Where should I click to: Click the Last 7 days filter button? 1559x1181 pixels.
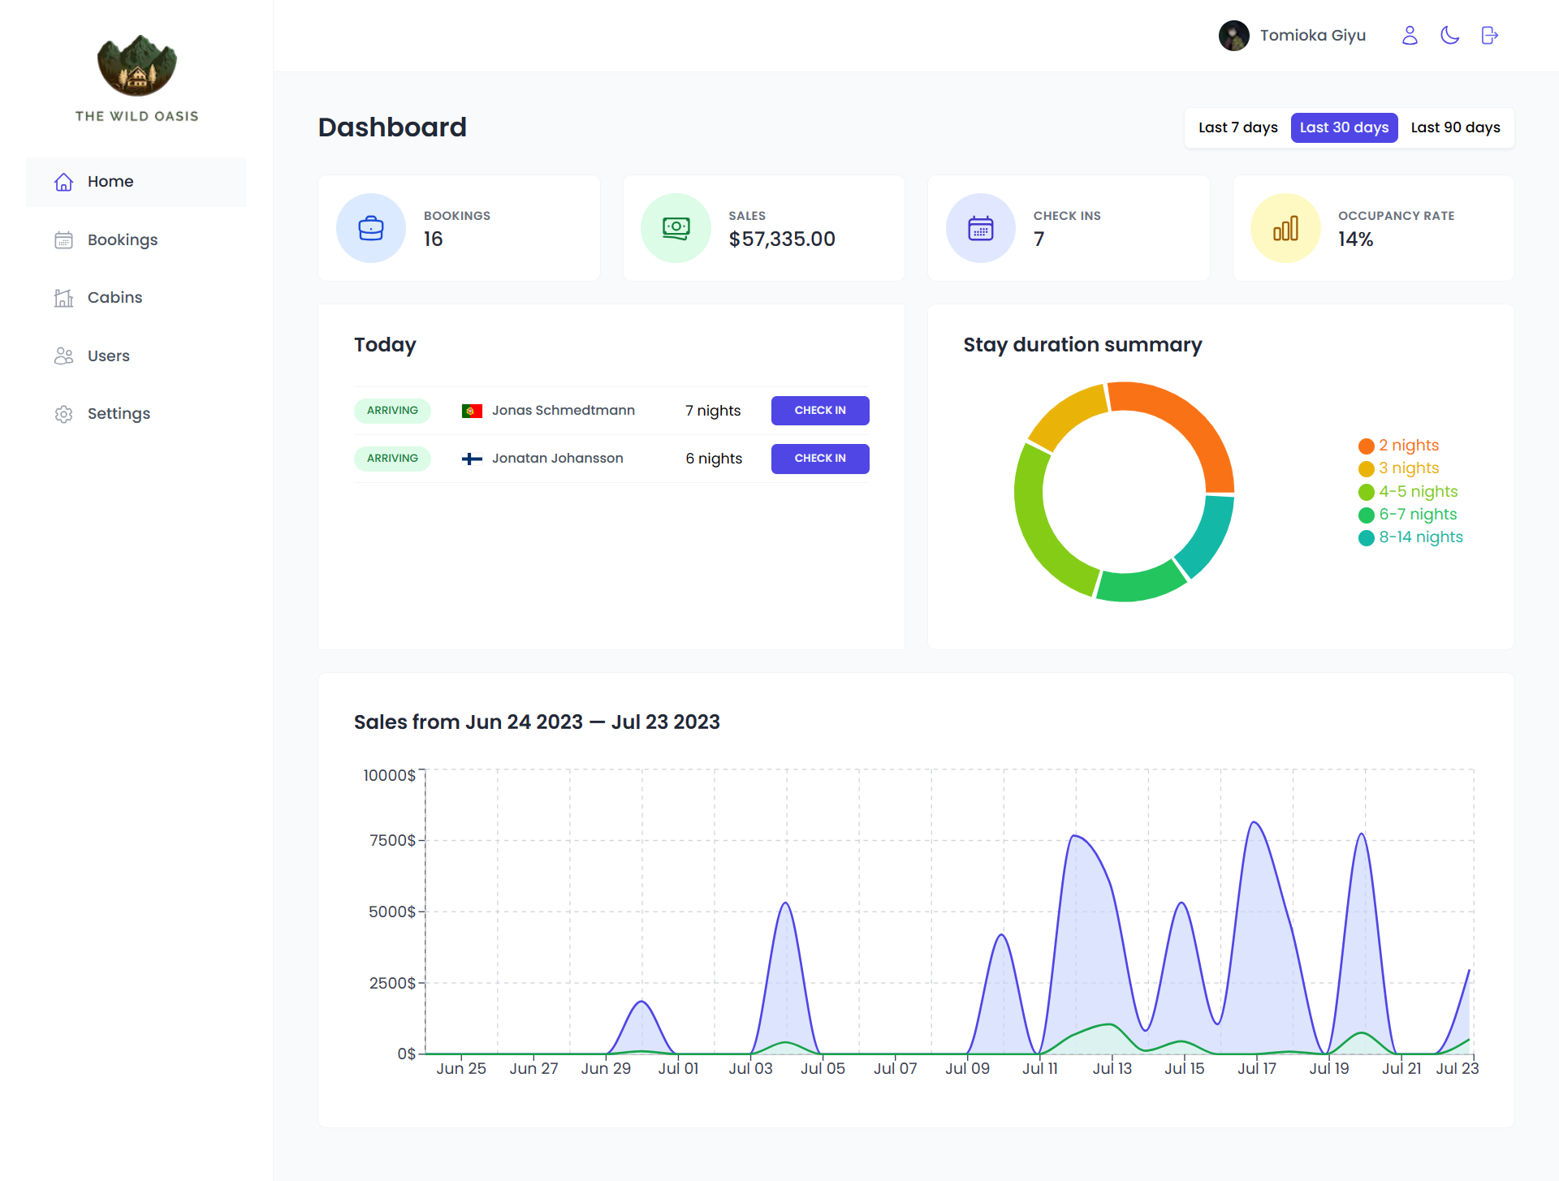pos(1237,127)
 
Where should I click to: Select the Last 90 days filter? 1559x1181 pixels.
pos(1455,127)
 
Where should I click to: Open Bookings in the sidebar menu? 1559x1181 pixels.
pos(122,239)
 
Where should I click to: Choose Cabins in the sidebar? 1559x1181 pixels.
pos(114,297)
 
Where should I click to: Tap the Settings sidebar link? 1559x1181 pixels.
pos(119,413)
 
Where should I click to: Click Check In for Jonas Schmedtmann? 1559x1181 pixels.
pos(819,410)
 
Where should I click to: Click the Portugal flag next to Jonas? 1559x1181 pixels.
pos(472,411)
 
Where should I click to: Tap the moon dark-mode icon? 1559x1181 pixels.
pos(1449,35)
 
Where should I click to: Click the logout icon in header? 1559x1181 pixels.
pos(1489,35)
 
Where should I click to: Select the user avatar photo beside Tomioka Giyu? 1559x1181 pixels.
pos(1233,35)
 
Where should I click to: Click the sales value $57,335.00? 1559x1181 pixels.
pos(781,239)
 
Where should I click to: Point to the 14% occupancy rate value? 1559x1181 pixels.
pos(1355,239)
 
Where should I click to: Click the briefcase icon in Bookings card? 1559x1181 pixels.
pos(371,228)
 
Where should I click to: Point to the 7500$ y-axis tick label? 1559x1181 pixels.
pos(392,840)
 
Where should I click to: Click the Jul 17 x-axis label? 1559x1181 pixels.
pos(1256,1068)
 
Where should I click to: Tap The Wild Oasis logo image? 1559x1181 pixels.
pos(136,65)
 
